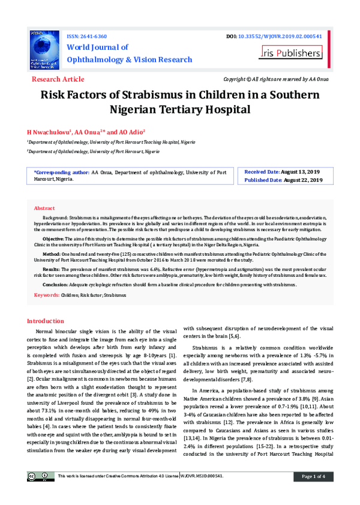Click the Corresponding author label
tap(62, 172)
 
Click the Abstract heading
tap(44, 207)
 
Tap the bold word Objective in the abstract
tap(54, 238)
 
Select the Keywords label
tap(46, 295)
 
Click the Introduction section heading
tap(50, 321)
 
